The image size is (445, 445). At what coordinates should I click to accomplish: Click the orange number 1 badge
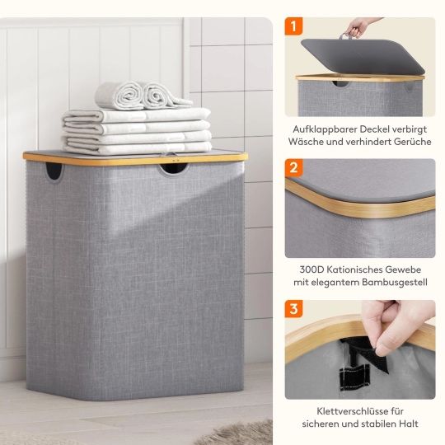click(x=293, y=26)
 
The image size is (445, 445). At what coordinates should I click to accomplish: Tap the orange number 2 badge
click(x=293, y=167)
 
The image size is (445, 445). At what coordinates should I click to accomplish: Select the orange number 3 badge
click(x=293, y=308)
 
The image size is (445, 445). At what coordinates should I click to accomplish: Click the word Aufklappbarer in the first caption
click(x=325, y=129)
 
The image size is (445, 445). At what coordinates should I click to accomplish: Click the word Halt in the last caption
click(x=409, y=424)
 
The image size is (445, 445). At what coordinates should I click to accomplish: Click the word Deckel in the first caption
click(x=374, y=129)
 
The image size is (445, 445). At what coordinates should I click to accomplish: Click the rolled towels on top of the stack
click(x=143, y=96)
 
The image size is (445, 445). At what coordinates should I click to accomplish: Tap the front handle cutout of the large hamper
click(x=173, y=169)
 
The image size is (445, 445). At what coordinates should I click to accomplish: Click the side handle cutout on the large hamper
click(x=54, y=171)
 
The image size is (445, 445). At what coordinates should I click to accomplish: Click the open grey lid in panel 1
click(x=363, y=56)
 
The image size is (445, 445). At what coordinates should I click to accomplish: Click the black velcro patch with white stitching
click(x=354, y=378)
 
